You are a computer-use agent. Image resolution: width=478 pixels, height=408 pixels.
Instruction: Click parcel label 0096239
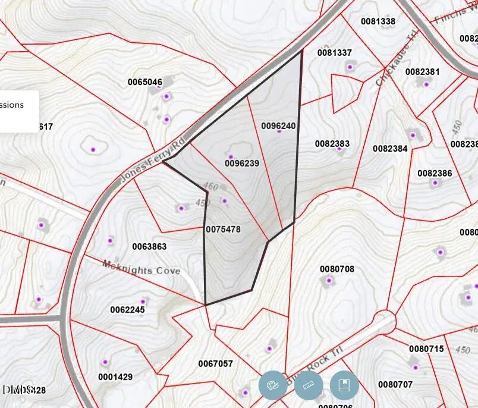click(x=242, y=163)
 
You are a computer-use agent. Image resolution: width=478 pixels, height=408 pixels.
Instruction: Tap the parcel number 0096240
click(x=278, y=126)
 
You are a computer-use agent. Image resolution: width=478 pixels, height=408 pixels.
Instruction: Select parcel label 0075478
click(x=223, y=229)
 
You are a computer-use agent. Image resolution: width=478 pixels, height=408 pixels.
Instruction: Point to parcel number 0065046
click(x=145, y=82)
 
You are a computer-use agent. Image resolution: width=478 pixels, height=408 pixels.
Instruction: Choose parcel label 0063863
click(x=149, y=246)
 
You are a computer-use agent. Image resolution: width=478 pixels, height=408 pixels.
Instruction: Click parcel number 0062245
click(x=127, y=310)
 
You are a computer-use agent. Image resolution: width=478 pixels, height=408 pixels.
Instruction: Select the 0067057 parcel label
click(x=215, y=363)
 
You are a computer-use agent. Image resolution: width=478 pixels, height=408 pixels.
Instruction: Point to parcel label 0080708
click(x=337, y=269)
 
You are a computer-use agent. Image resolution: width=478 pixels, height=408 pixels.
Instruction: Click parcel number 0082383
click(x=332, y=144)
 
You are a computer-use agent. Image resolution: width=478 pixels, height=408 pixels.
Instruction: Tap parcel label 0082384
click(x=391, y=149)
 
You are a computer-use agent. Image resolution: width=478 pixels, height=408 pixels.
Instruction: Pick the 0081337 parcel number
click(x=334, y=53)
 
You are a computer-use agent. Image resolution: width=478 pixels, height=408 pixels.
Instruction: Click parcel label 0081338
click(x=378, y=21)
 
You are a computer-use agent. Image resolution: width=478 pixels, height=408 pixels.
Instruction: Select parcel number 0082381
click(x=423, y=72)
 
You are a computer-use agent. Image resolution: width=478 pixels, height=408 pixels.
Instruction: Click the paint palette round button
click(x=273, y=385)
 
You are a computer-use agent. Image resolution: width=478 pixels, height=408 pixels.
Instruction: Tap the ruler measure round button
click(x=309, y=385)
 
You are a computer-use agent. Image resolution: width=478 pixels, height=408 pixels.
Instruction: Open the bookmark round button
click(x=344, y=385)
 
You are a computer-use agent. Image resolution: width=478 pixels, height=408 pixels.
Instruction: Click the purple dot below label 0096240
click(x=279, y=131)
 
